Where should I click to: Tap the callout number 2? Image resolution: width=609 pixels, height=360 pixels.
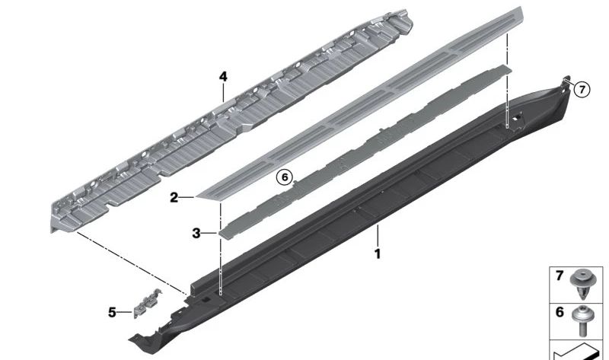click(x=174, y=198)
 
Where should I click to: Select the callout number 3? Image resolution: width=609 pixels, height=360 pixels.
click(x=196, y=234)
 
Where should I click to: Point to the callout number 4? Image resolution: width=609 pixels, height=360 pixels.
click(x=223, y=77)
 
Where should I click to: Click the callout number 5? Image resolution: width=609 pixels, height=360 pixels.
click(x=113, y=312)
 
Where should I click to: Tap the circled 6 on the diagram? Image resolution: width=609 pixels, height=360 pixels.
click(x=284, y=177)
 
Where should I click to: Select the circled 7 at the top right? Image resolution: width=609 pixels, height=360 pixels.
click(x=581, y=89)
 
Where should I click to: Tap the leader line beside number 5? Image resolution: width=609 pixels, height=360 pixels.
click(x=124, y=312)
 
